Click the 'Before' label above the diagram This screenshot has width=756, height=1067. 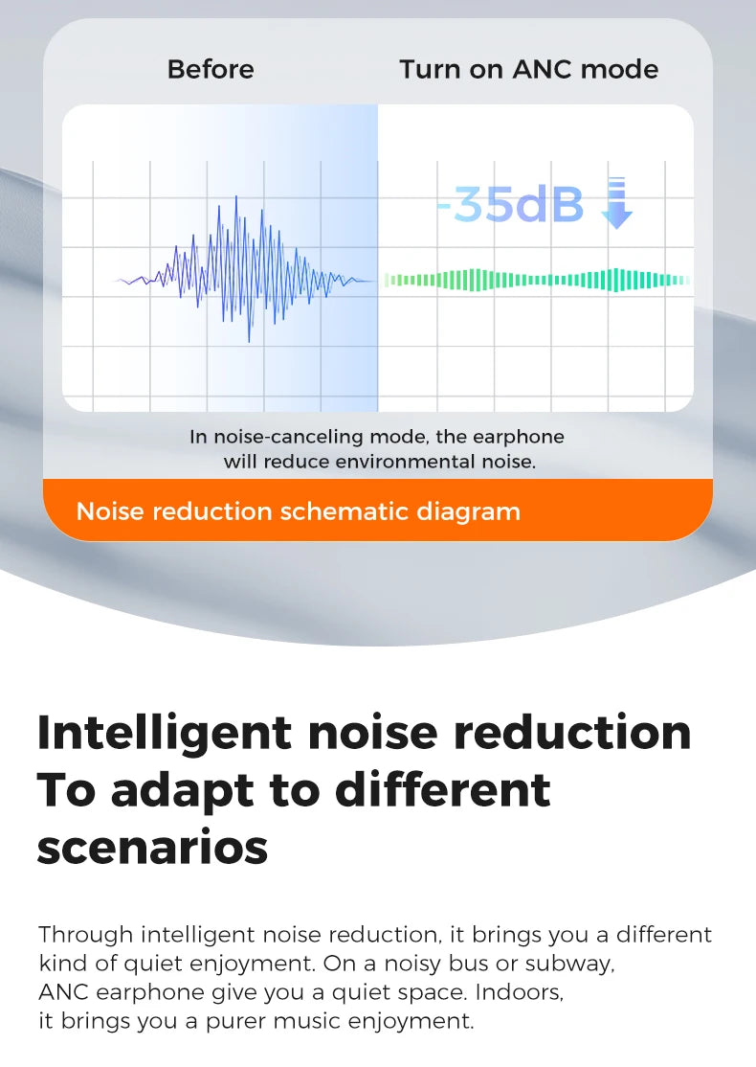[211, 69]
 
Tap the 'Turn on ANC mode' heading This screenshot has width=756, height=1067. [529, 69]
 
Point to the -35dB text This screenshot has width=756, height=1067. [510, 204]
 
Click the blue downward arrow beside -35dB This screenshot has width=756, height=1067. [616, 203]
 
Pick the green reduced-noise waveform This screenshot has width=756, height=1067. [537, 280]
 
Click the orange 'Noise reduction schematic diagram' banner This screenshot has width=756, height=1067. [378, 511]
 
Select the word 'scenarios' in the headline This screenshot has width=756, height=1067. [153, 849]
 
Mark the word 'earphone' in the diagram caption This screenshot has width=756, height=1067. [518, 437]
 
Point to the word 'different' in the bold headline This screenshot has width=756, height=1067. [442, 791]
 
